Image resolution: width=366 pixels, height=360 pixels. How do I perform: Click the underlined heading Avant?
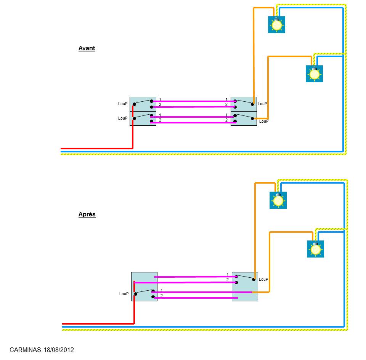click(87, 48)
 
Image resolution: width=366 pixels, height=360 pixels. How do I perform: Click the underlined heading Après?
click(87, 214)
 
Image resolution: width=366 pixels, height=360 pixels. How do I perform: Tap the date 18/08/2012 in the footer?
click(59, 350)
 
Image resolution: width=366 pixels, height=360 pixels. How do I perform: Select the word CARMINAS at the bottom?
click(25, 350)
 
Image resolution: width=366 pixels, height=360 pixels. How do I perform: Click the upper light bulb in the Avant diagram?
click(277, 24)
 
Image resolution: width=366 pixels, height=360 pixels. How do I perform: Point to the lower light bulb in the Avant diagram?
click(314, 74)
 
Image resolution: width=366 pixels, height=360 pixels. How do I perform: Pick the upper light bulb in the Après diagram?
click(278, 200)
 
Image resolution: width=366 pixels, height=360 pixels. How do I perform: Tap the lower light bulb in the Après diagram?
click(315, 249)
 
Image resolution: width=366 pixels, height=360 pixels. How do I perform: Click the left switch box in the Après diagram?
click(144, 286)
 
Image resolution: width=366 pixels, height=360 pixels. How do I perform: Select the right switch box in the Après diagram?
click(245, 286)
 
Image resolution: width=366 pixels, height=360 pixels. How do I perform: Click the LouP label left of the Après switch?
click(124, 294)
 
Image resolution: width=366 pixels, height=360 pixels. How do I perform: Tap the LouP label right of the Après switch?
click(263, 279)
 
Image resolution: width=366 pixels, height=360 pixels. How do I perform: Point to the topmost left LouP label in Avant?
click(123, 104)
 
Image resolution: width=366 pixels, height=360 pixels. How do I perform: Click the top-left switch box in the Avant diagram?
click(143, 104)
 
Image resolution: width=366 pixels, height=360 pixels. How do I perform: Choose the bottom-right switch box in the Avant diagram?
click(244, 118)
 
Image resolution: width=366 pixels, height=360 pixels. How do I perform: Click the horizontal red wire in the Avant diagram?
click(96, 149)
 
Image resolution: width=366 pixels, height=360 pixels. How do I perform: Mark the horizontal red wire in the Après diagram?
click(98, 324)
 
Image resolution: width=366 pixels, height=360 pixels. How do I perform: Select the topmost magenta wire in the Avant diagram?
click(194, 101)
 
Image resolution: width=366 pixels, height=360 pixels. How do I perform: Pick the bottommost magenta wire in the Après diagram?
click(196, 298)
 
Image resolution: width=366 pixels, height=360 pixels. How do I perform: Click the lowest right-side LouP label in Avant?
click(264, 121)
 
